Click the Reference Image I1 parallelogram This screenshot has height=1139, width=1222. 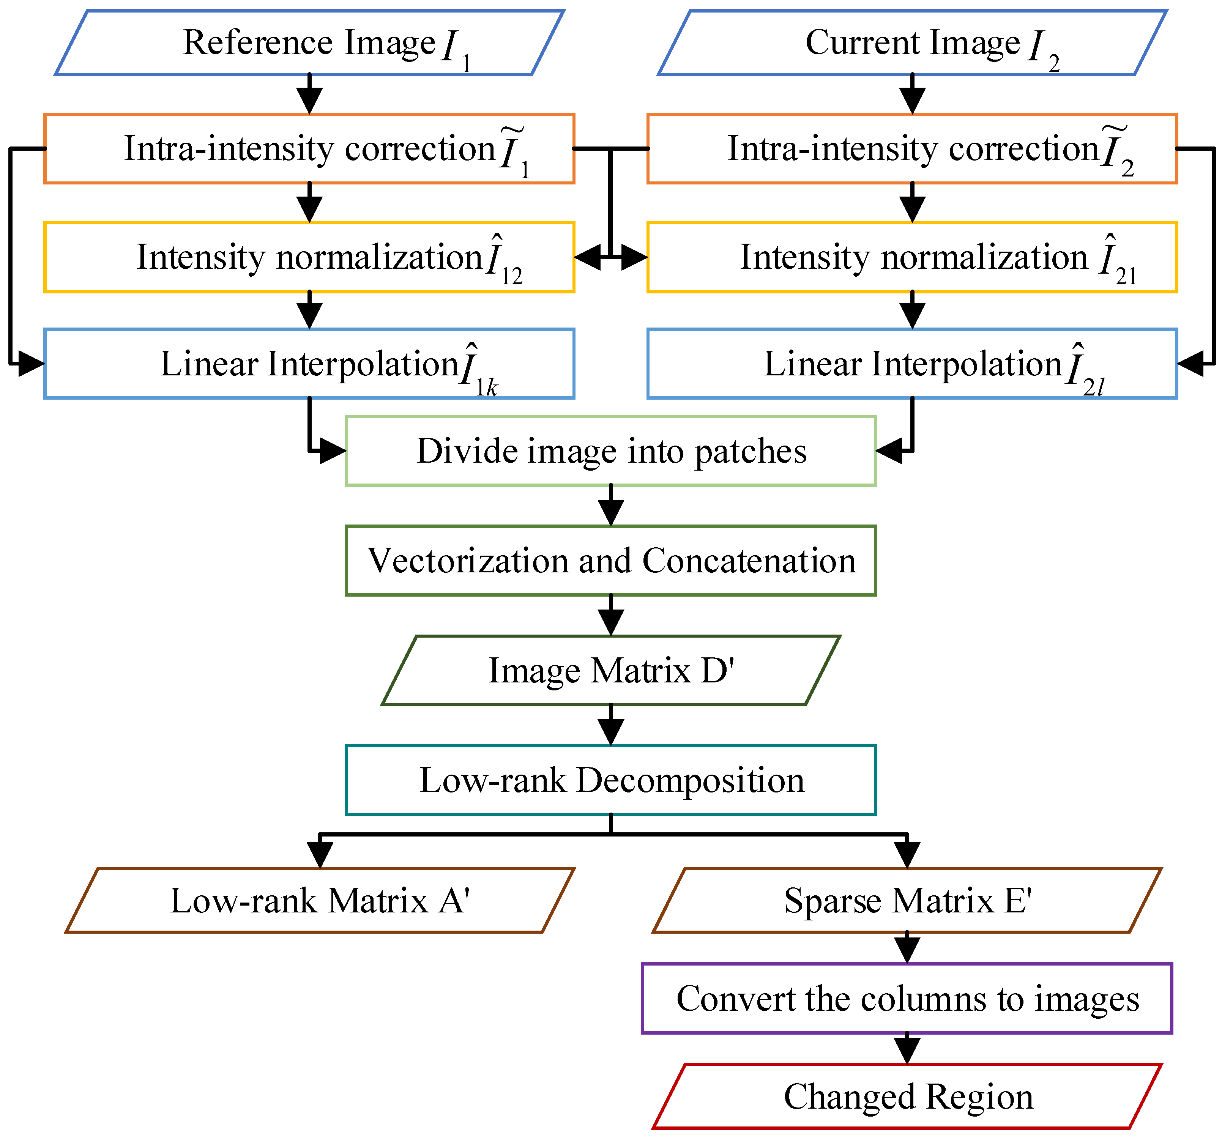pos(309,43)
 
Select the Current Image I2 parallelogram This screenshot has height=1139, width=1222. pos(912,43)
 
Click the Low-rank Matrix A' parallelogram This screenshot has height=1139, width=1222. pos(320,901)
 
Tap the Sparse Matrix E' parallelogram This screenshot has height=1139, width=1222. pos(907,901)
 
